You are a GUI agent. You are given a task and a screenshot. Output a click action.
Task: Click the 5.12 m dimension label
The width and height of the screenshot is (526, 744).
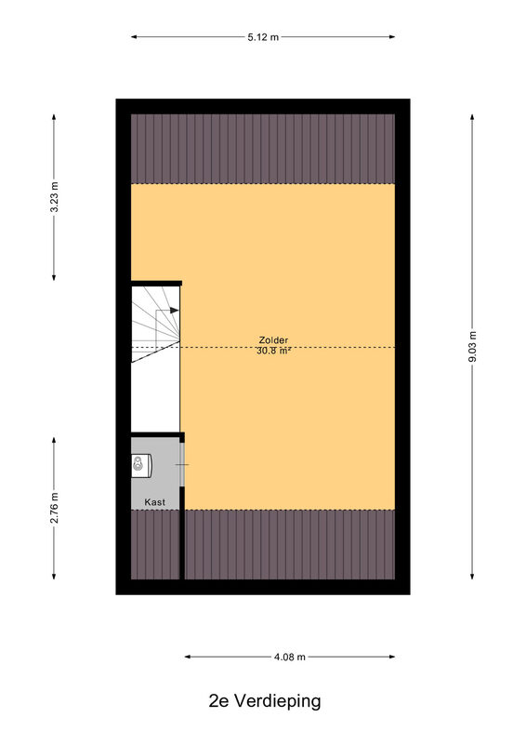[263, 37]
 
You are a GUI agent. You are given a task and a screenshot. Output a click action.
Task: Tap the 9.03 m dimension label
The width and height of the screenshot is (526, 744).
[472, 347]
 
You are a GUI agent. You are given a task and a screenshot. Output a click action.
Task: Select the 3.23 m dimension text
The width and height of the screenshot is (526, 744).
[54, 197]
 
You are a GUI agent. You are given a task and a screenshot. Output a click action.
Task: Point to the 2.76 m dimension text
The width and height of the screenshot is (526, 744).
[54, 508]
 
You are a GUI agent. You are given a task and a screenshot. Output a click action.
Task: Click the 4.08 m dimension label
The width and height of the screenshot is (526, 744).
[289, 657]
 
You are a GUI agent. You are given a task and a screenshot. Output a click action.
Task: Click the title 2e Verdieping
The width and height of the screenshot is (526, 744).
[265, 700]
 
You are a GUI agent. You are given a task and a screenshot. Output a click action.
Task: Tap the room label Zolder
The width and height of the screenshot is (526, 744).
[273, 339]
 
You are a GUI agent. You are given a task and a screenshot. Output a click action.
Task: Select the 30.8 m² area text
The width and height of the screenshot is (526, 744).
[273, 352]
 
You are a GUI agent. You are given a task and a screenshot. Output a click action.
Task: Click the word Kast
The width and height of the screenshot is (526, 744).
[154, 501]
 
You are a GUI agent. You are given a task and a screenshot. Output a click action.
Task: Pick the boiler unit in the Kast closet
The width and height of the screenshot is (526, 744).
[141, 466]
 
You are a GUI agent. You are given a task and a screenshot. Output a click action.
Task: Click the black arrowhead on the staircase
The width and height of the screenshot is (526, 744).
[174, 311]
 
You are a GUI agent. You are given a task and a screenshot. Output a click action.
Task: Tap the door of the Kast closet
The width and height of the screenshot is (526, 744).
[181, 464]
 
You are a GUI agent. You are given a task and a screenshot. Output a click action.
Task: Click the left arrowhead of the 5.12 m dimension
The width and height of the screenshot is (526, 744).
[134, 36]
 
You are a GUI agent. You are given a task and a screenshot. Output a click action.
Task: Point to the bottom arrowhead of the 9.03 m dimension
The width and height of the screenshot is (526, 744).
[472, 576]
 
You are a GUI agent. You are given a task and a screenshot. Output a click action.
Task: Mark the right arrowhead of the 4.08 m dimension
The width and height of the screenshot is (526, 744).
[392, 657]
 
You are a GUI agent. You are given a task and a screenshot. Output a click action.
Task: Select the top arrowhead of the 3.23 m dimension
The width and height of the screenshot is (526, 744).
[54, 118]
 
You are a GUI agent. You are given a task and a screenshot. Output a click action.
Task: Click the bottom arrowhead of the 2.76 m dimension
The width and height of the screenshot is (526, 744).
[54, 576]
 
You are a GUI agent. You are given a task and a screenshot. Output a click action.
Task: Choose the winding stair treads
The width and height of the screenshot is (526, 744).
[155, 324]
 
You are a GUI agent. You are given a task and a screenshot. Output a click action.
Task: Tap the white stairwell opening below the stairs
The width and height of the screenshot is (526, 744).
[155, 398]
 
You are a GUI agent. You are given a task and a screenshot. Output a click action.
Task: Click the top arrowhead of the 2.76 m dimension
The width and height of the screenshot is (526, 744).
[54, 440]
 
